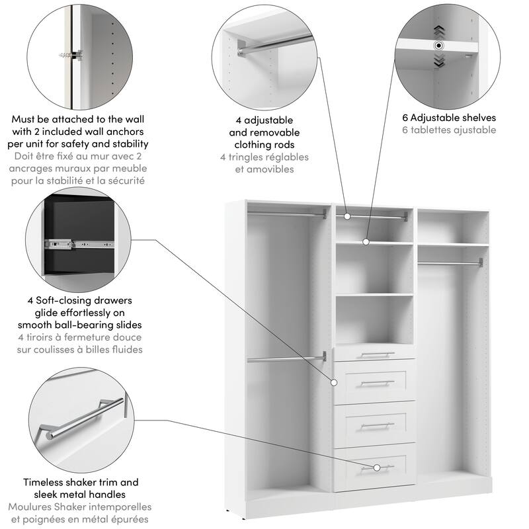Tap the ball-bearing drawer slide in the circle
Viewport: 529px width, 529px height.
click(x=76, y=243)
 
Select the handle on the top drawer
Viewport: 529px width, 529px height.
click(x=375, y=354)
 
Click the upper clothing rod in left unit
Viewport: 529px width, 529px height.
click(x=287, y=214)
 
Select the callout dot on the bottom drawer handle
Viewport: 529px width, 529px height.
click(x=376, y=468)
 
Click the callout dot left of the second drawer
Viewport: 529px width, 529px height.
click(x=334, y=382)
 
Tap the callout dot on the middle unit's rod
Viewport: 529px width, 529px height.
click(x=346, y=216)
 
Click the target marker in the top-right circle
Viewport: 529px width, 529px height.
click(x=438, y=46)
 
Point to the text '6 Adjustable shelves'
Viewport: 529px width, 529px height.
click(x=449, y=118)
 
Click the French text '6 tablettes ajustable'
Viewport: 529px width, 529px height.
click(x=449, y=130)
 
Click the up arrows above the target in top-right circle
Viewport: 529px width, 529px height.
click(x=438, y=30)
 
